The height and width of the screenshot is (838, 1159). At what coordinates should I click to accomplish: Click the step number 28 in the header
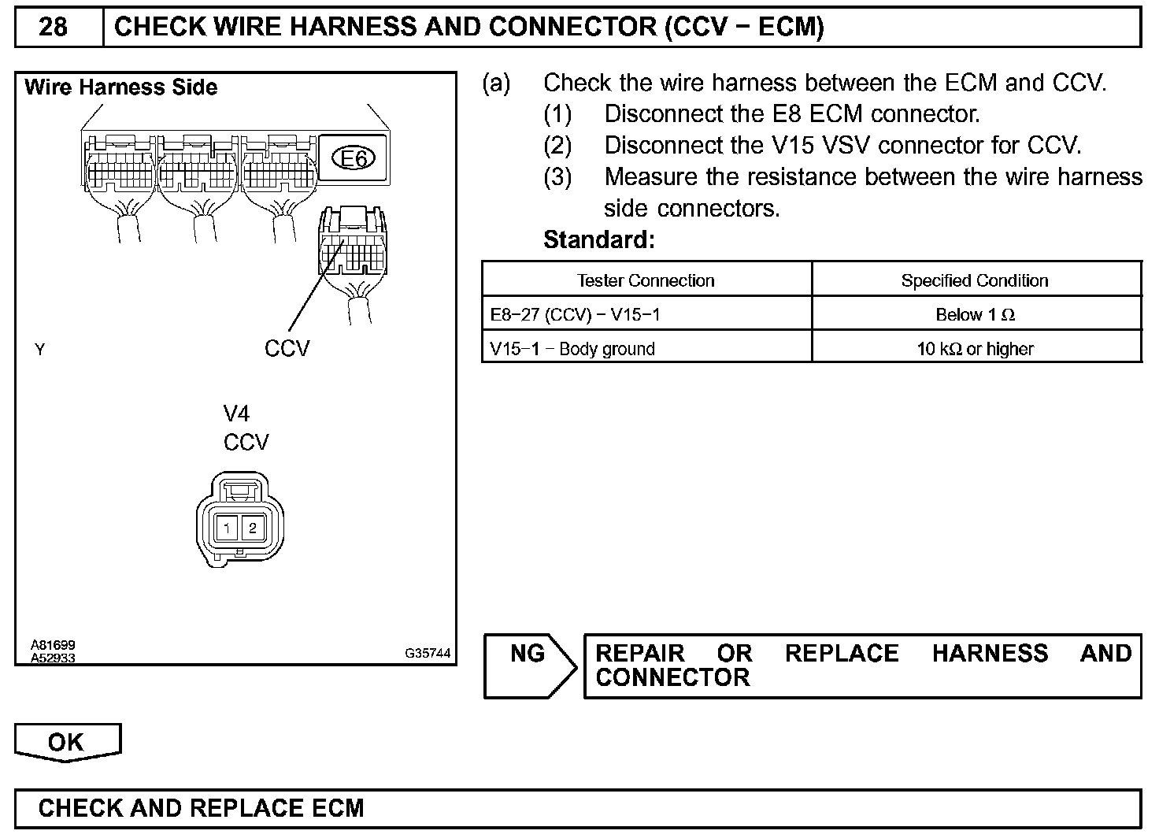[x=53, y=28]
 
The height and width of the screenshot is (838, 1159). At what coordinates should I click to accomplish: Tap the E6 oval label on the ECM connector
[x=354, y=158]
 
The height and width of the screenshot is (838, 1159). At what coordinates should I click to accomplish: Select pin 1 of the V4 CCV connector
[x=227, y=528]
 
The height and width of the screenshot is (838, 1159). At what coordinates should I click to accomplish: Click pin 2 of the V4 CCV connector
[x=252, y=528]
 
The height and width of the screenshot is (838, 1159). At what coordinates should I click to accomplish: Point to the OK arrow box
[x=67, y=742]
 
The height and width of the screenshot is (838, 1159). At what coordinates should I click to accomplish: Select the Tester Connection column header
[x=646, y=280]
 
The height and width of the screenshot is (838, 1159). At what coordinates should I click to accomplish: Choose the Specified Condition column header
[x=975, y=280]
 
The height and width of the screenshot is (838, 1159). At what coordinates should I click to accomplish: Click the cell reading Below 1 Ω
[x=975, y=315]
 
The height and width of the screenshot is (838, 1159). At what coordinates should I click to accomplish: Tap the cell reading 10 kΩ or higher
[x=975, y=349]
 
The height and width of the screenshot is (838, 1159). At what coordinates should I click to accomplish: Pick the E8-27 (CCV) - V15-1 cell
[x=575, y=315]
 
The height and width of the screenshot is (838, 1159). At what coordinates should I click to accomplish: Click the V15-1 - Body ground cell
[x=572, y=349]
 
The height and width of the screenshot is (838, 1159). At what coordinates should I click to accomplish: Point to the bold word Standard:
[x=598, y=239]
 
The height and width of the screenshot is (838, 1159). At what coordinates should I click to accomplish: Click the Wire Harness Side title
[x=121, y=87]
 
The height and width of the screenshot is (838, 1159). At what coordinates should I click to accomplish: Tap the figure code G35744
[x=428, y=653]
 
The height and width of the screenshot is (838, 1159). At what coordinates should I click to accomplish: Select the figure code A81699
[x=53, y=646]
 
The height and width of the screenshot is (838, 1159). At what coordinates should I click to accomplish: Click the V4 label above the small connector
[x=236, y=413]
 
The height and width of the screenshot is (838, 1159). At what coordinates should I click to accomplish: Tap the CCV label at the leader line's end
[x=287, y=348]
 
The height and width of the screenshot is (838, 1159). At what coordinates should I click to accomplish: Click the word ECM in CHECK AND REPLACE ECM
[x=338, y=808]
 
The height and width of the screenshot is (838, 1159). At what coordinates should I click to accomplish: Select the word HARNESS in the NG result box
[x=990, y=654]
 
